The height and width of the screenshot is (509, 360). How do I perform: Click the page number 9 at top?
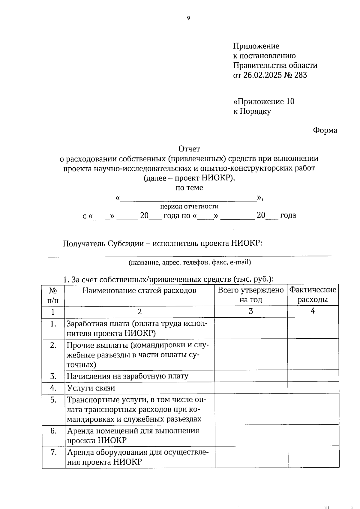click(x=188, y=18)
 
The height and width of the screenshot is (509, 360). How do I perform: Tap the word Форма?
click(x=325, y=130)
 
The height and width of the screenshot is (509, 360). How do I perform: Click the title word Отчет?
click(x=189, y=149)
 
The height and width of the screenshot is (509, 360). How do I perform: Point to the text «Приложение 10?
click(x=264, y=101)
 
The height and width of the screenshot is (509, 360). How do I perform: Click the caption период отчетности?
click(x=189, y=206)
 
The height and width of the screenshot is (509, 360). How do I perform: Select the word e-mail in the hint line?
click(x=240, y=262)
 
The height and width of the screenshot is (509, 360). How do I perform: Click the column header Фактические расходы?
click(x=313, y=295)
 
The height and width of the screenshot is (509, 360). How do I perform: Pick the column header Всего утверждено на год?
click(x=250, y=295)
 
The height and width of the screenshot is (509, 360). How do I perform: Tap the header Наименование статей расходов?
click(x=139, y=290)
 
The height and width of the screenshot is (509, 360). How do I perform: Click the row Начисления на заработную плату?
click(x=127, y=376)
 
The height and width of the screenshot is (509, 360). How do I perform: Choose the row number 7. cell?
click(x=53, y=452)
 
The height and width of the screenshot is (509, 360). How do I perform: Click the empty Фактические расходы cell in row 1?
click(x=313, y=328)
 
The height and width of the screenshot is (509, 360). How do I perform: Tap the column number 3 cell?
click(x=250, y=311)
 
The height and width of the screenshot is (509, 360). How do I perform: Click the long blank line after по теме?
click(x=188, y=199)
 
